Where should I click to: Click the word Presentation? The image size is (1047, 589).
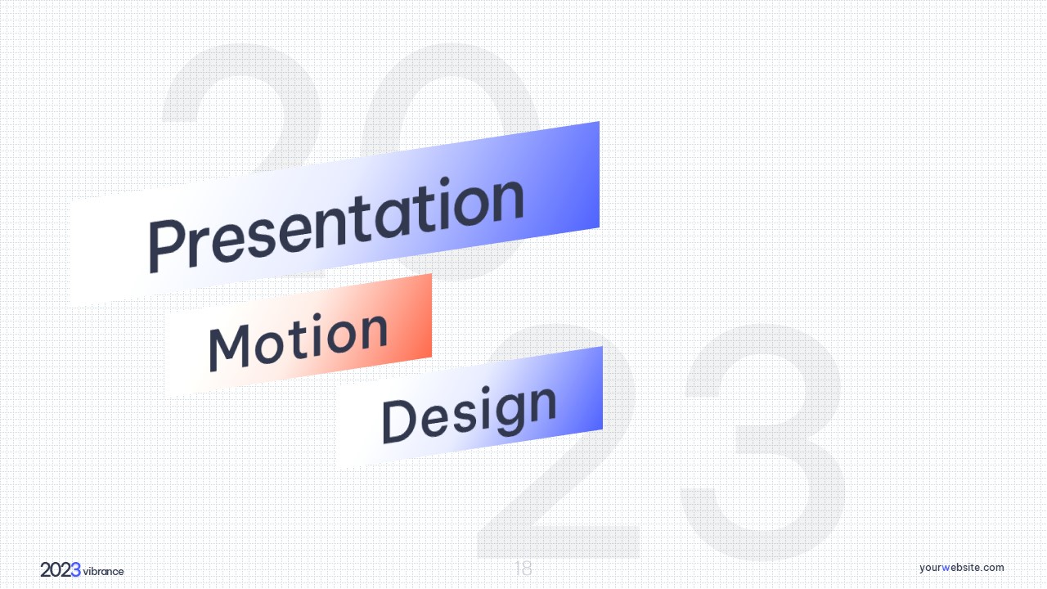point(336,224)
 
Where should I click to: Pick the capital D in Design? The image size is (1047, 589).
point(398,420)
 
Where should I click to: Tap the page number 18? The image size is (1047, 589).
point(523,569)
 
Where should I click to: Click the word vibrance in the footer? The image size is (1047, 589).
point(103,571)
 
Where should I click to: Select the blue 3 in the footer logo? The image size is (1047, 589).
point(76,570)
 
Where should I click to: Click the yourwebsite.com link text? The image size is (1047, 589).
point(961,568)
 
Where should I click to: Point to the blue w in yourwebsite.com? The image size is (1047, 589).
point(946,568)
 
